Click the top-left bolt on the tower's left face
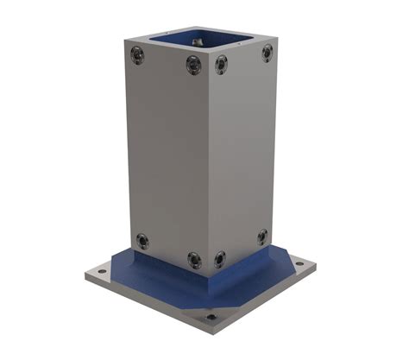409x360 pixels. pyautogui.click(x=136, y=54)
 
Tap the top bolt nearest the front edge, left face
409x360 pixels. pyautogui.click(x=193, y=65)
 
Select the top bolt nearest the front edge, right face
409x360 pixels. pyautogui.click(x=221, y=64)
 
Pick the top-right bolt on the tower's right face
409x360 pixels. pyautogui.click(x=267, y=52)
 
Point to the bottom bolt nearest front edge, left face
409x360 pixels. pyautogui.click(x=194, y=258)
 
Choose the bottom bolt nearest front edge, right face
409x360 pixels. pyautogui.click(x=220, y=257)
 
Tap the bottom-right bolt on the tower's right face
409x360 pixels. pyautogui.click(x=262, y=236)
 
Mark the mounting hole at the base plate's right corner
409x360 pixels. pyautogui.click(x=299, y=263)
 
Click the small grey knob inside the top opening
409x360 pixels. pyautogui.click(x=198, y=39)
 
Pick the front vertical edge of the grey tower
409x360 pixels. pyautogui.click(x=207, y=164)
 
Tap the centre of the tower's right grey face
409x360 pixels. pyautogui.click(x=242, y=151)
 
